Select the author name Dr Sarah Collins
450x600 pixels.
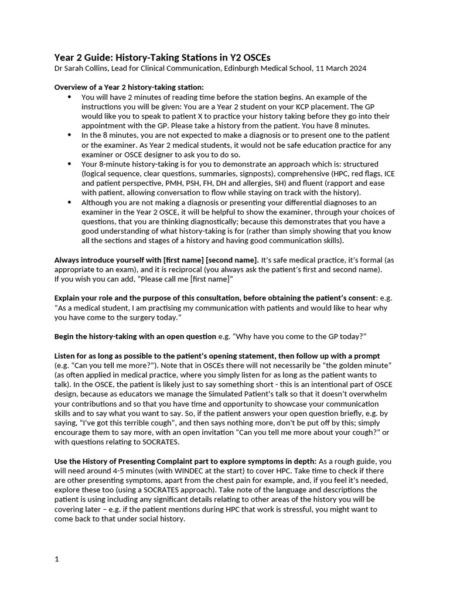pos(82,68)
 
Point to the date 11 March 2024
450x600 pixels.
pos(341,68)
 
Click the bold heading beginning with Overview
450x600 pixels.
pos(129,87)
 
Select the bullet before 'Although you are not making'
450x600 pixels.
pos(70,203)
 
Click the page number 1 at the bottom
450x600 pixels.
pos(57,559)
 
